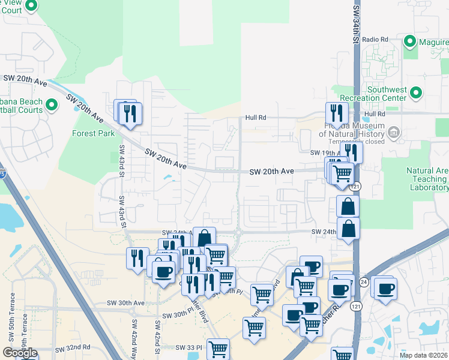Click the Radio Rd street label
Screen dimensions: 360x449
pyautogui.click(x=376, y=39)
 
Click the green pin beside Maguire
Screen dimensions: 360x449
pyautogui.click(x=411, y=41)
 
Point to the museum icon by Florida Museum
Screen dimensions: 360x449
pyautogui.click(x=394, y=132)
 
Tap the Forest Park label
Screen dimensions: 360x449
pyautogui.click(x=93, y=133)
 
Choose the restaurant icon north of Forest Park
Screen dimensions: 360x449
pyautogui.click(x=130, y=112)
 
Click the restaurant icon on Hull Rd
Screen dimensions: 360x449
pyautogui.click(x=337, y=112)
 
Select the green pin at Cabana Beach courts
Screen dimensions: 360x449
pyautogui.click(x=51, y=105)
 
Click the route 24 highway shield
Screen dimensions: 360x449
pyautogui.click(x=364, y=281)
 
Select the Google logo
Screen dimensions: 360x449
pyautogui.click(x=19, y=353)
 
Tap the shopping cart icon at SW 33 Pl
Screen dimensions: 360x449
pyautogui.click(x=218, y=348)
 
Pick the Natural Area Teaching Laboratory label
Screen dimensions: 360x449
pyautogui.click(x=427, y=179)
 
